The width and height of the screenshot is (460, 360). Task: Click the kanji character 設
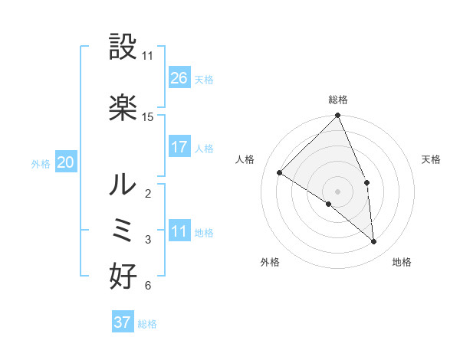[x=123, y=48]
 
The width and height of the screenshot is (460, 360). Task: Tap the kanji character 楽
[x=123, y=108]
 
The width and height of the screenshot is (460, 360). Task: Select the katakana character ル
[x=123, y=185]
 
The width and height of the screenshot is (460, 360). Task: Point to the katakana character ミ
[x=123, y=231]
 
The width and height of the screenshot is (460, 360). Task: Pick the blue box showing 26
[x=179, y=78]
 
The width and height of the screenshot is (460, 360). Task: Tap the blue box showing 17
[x=179, y=147]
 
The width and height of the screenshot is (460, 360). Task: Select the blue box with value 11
[x=179, y=231]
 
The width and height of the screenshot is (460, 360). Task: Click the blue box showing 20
[x=66, y=162]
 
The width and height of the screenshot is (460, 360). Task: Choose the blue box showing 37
[x=123, y=322]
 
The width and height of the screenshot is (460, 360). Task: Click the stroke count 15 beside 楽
[x=148, y=117]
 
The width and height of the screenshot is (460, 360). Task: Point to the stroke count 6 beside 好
[x=147, y=286]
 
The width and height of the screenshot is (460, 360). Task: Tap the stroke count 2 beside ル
[x=147, y=193]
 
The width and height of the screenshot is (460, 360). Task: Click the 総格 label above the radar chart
[x=337, y=100]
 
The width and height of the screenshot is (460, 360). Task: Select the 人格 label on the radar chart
[x=245, y=159]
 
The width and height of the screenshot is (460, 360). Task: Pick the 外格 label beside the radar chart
[x=270, y=262]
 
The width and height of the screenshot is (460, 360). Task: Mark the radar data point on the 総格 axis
[x=337, y=116]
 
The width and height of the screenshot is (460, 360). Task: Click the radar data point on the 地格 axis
[x=374, y=241]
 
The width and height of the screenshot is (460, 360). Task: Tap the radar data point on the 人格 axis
[x=280, y=173]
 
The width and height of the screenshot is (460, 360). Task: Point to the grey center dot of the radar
[x=337, y=191]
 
